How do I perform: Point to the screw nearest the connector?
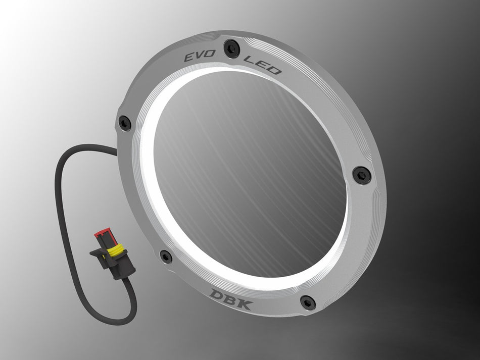(166, 256)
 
